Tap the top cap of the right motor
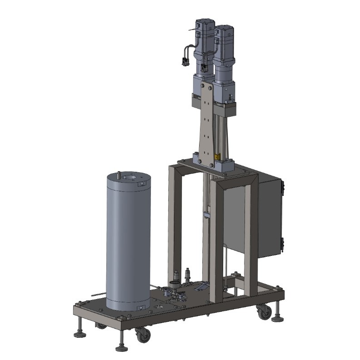224,28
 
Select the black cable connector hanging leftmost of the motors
185,61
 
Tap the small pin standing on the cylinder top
118,175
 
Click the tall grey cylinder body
128,241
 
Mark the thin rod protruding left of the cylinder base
98,295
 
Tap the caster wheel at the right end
263,312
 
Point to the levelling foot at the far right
277,319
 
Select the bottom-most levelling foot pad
121,349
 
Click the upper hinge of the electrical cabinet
282,186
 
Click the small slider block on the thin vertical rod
206,214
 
